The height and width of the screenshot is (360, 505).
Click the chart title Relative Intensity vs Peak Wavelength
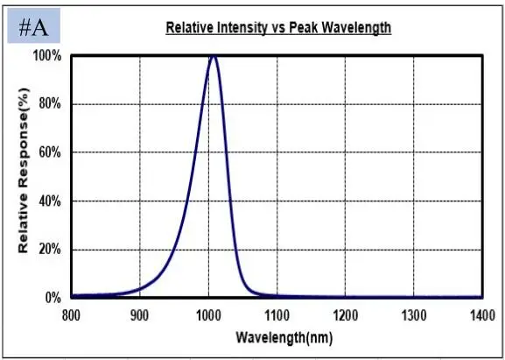(278, 28)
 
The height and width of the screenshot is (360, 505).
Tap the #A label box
(34, 27)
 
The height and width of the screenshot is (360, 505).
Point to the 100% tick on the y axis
(47, 56)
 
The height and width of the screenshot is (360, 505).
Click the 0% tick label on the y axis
(53, 298)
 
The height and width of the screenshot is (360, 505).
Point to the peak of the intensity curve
(213, 56)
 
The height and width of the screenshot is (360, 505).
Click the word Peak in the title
(307, 28)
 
